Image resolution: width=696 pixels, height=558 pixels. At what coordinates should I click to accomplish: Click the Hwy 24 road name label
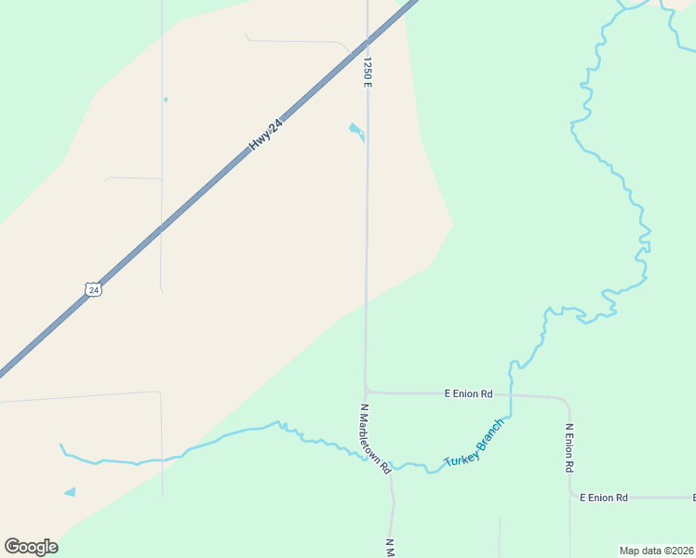coord(265,135)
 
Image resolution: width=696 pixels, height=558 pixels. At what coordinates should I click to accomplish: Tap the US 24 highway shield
coord(92,289)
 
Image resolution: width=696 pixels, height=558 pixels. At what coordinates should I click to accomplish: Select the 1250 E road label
coord(368,73)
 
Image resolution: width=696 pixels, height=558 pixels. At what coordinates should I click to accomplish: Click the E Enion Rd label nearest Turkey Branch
coord(468,393)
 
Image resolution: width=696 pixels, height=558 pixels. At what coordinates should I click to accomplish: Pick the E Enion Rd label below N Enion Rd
coord(604,498)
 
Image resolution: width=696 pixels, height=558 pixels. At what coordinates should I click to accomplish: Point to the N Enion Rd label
coord(569,447)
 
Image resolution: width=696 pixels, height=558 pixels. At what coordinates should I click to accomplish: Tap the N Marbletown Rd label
coord(375,439)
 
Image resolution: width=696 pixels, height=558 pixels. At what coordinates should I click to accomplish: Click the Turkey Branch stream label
coord(474,443)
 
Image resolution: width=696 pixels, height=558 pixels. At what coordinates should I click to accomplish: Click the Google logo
coord(31,547)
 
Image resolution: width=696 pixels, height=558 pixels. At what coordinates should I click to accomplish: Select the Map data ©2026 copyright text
coord(656,551)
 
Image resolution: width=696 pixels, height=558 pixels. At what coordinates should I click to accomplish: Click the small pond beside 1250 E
coord(355,130)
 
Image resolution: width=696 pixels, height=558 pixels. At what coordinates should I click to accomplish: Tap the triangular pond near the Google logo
coord(71,491)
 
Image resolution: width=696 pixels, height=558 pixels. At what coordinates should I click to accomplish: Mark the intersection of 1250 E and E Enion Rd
coord(367,392)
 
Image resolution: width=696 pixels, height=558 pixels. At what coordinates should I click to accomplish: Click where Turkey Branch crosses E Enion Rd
coord(511,394)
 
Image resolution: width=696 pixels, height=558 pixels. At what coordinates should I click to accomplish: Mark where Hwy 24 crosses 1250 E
coord(368,42)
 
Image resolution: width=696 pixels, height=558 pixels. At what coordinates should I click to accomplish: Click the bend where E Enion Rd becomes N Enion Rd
coord(566,402)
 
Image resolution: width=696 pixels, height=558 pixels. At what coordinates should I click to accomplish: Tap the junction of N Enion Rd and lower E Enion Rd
coord(570,498)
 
